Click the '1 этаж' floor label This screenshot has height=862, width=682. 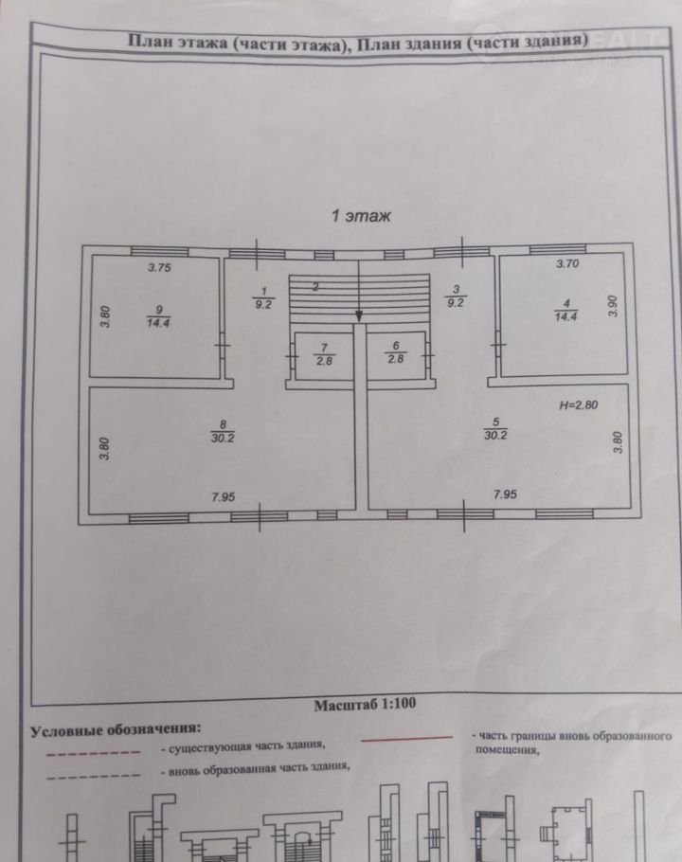coord(360,215)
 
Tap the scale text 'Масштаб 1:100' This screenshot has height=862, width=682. coord(365,704)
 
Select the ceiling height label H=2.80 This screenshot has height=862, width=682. coord(579,404)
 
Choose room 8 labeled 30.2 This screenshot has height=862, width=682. coord(224,432)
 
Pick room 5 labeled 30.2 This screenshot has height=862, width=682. coord(494,431)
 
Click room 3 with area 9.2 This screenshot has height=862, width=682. coord(455,297)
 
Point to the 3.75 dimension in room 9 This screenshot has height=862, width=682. coord(159,268)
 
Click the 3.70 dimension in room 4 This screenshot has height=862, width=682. coord(567,262)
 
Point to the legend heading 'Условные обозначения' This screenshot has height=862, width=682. coord(116,730)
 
